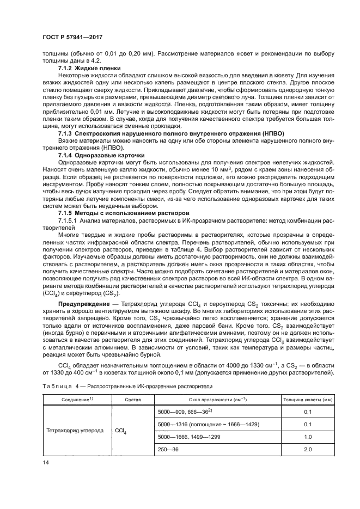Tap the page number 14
46,463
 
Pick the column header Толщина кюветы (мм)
307,400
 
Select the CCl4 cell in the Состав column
121,430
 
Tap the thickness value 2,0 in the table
307,449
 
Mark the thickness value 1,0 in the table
307,437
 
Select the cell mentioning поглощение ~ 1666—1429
208,424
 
